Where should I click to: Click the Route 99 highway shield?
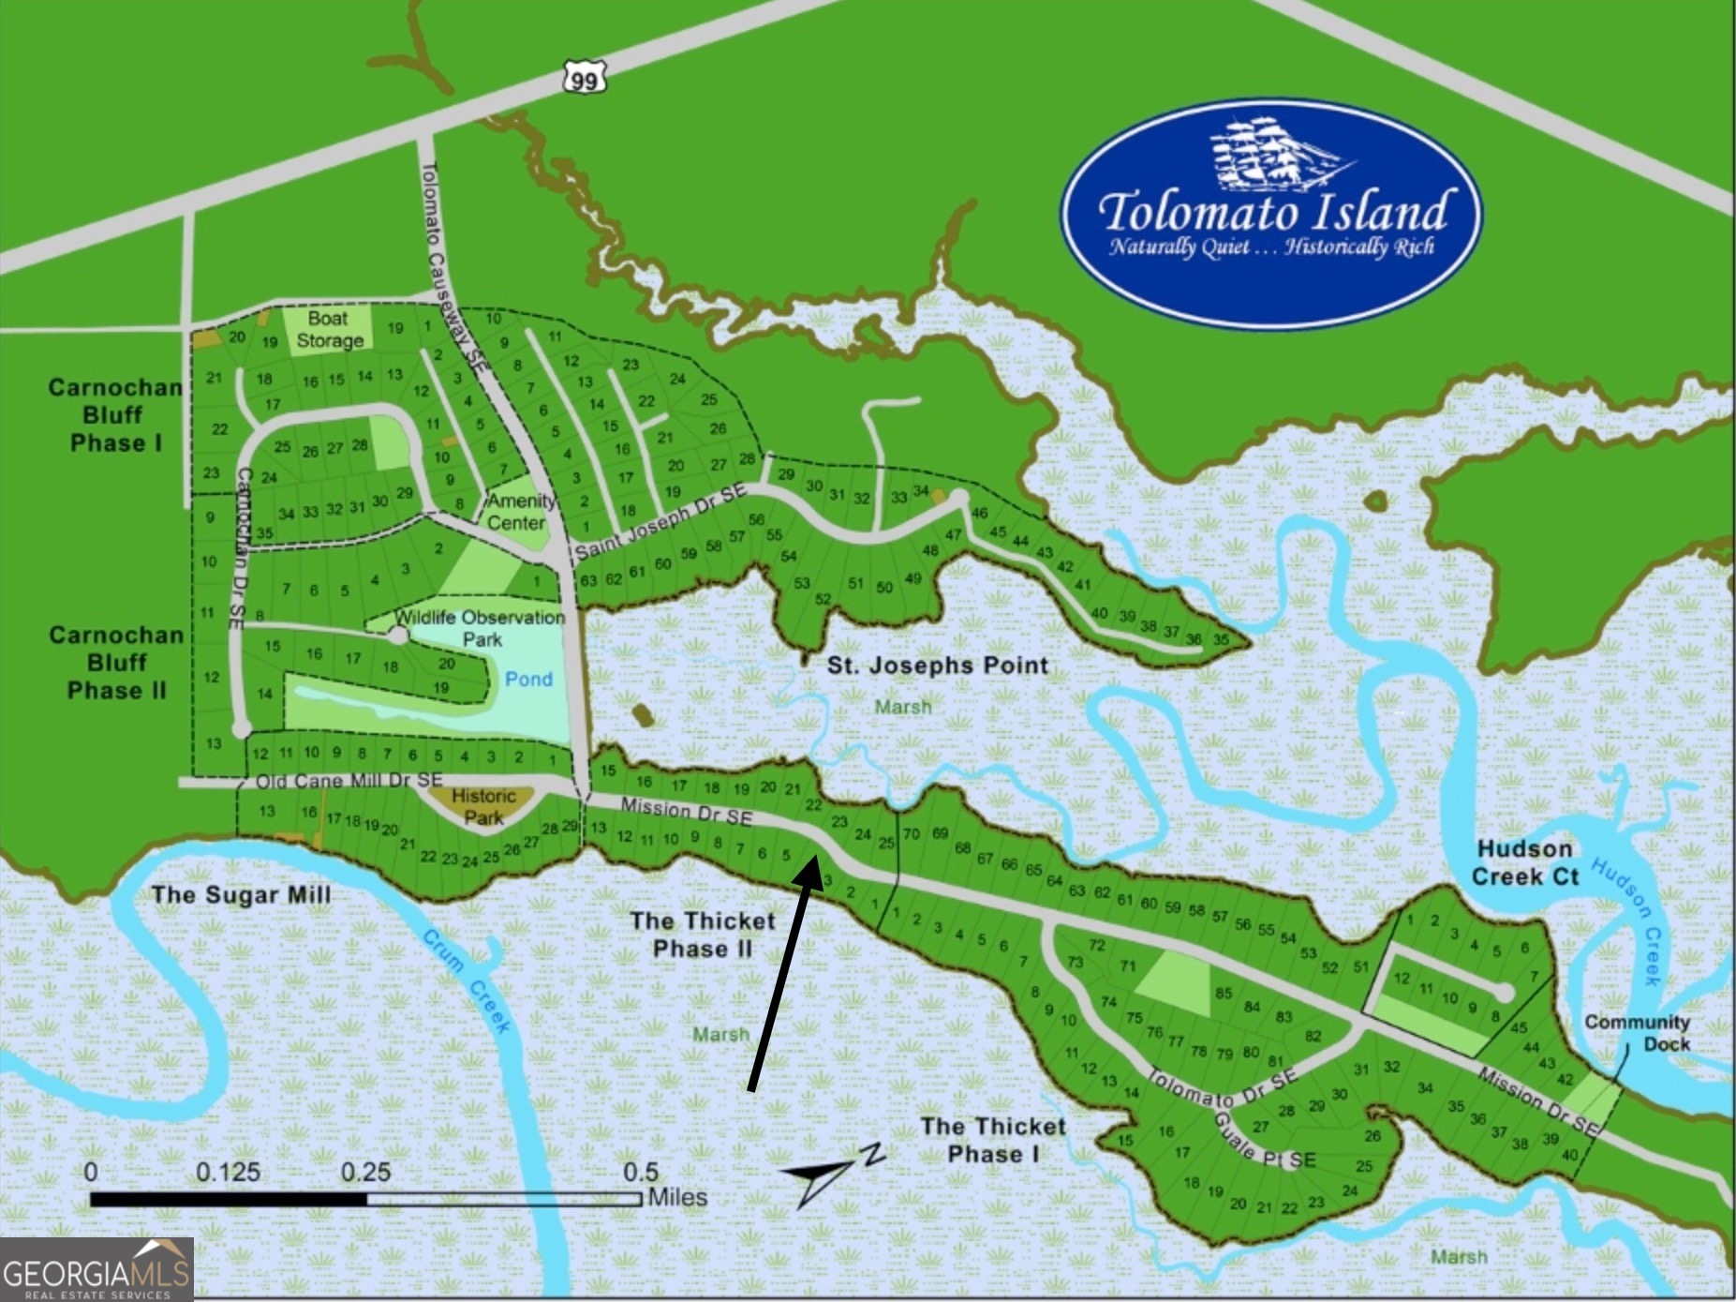click(x=584, y=80)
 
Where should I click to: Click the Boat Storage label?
click(x=328, y=330)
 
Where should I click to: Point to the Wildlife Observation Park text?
click(x=481, y=628)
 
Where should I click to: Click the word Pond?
click(x=528, y=679)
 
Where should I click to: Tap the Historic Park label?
click(x=483, y=806)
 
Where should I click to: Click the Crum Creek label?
click(x=466, y=980)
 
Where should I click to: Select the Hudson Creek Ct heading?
click(x=1524, y=862)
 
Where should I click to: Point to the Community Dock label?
click(x=1637, y=1032)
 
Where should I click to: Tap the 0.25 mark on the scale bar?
click(x=365, y=1173)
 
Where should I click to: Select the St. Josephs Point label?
click(x=937, y=666)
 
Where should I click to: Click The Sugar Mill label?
click(x=241, y=894)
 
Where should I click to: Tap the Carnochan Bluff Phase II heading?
click(x=115, y=663)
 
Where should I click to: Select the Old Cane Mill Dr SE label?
click(x=349, y=780)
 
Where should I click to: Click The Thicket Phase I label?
click(x=993, y=1139)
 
